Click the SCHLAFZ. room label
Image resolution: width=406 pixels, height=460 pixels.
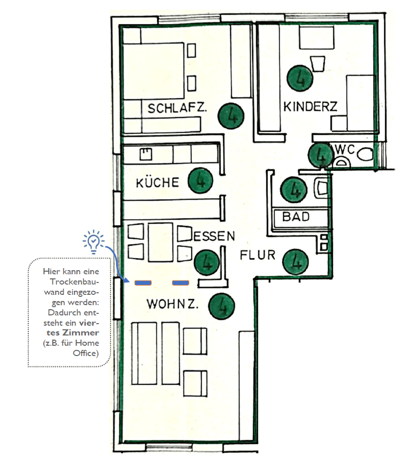click(x=177, y=109)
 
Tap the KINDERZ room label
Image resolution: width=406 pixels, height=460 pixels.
click(x=310, y=107)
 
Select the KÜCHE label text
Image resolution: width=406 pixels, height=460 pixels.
click(x=157, y=183)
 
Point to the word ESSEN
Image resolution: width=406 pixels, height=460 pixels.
click(x=214, y=236)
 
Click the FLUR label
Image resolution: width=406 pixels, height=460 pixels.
click(x=258, y=255)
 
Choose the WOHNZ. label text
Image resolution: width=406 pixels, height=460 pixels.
click(x=173, y=304)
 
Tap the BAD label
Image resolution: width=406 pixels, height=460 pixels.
click(x=296, y=217)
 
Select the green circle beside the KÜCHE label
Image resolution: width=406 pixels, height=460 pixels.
click(x=200, y=181)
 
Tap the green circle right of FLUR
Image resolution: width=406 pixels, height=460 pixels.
click(x=296, y=261)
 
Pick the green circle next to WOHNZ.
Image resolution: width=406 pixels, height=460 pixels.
click(x=222, y=306)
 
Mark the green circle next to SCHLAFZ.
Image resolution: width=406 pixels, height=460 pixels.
click(x=230, y=115)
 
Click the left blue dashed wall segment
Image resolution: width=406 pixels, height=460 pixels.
click(x=142, y=282)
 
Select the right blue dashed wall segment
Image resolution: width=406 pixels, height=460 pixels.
click(x=180, y=282)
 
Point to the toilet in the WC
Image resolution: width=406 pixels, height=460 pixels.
click(x=366, y=153)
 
